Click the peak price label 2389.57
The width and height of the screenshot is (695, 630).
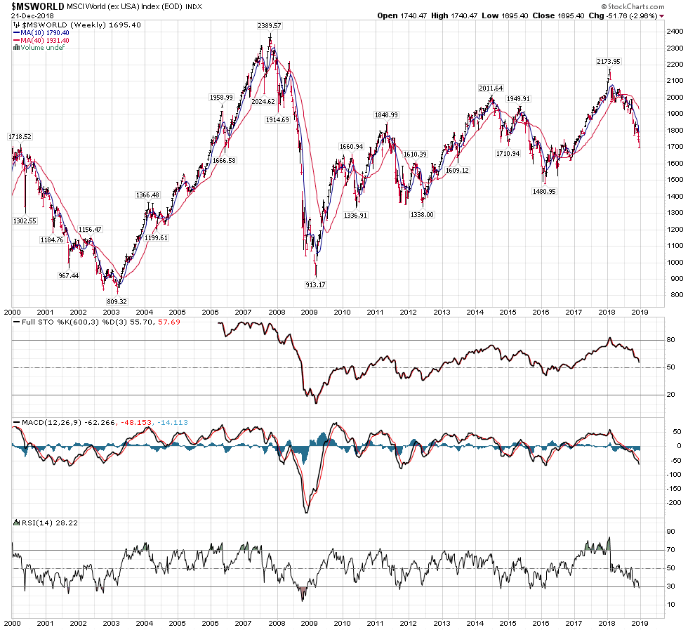269,26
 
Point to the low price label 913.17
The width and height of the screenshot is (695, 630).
317,284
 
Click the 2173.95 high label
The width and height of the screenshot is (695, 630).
607,62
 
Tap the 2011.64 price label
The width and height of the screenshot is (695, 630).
491,88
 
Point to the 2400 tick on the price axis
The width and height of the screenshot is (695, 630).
675,32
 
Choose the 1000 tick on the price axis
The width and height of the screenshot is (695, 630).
675,262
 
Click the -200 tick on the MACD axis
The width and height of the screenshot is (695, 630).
675,503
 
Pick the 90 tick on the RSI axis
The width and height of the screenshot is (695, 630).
670,532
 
